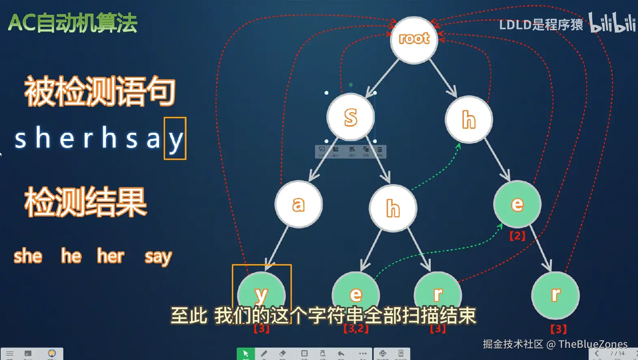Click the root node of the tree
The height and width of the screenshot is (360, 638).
pos(414,39)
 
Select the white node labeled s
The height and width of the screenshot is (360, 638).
pos(350,117)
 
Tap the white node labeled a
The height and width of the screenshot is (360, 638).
pos(298,204)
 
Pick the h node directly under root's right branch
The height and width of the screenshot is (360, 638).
pos(469,119)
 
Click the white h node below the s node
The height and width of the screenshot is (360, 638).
pos(393,208)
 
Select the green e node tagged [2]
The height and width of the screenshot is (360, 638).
pos(517,204)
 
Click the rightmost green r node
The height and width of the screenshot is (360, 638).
pos(555,295)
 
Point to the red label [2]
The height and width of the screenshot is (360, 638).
pos(517,236)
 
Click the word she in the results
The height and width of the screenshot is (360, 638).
pos(28,256)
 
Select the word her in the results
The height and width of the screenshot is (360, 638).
pos(111,256)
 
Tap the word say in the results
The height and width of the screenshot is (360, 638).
pos(158,257)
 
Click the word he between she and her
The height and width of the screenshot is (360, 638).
pos(72,256)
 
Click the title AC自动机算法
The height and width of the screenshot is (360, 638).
pos(73,23)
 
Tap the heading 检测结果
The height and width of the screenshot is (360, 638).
pos(85,202)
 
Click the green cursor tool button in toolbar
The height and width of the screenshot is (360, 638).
pos(245,353)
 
